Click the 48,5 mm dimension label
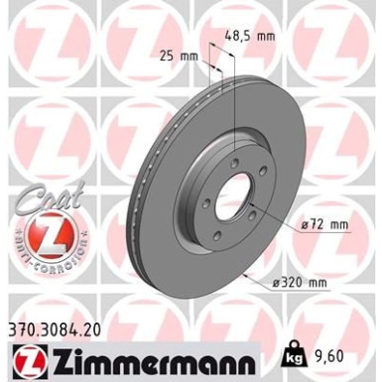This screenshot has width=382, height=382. (248, 35)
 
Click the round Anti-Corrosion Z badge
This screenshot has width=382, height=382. (46, 232)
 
